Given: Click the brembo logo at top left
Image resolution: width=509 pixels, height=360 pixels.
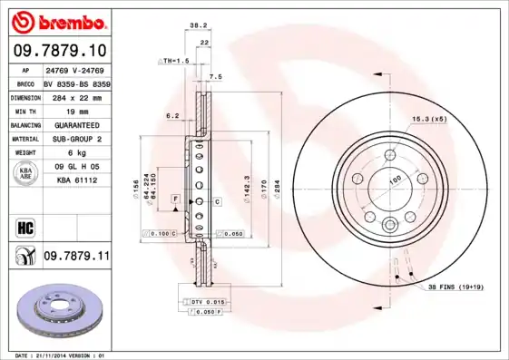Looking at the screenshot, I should (x=56, y=20).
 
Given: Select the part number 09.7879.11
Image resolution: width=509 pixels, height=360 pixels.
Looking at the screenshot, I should (x=76, y=258).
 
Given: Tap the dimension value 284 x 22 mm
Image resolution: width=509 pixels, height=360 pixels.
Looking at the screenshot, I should (x=76, y=96).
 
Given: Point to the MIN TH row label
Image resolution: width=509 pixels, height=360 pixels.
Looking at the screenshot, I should (x=24, y=111).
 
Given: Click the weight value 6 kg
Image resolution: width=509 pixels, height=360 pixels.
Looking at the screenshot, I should (x=76, y=153).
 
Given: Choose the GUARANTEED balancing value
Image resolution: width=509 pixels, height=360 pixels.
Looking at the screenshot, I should (x=76, y=124).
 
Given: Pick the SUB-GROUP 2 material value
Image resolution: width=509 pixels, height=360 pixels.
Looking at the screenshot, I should (x=76, y=139).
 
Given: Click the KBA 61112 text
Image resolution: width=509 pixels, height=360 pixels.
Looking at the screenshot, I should (x=76, y=180).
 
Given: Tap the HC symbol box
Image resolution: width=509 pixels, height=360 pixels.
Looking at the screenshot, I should (x=24, y=226).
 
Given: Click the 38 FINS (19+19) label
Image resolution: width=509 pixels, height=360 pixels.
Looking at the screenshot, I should (x=459, y=287).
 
